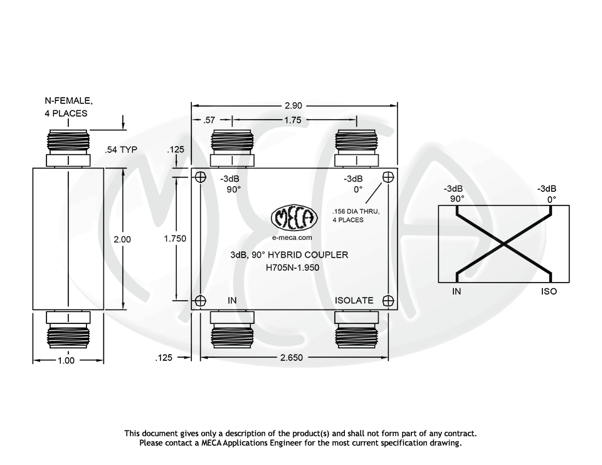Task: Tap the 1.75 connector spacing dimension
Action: pyautogui.click(x=293, y=120)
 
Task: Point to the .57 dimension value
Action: pyautogui.click(x=210, y=120)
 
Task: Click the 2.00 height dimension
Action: pyautogui.click(x=122, y=239)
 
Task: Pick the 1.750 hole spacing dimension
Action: pyautogui.click(x=175, y=239)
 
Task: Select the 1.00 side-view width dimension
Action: pyautogui.click(x=66, y=360)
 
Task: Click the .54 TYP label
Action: pyautogui.click(x=122, y=150)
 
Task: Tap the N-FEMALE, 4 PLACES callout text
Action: pyautogui.click(x=68, y=107)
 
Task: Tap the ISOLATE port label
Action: pyautogui.click(x=354, y=301)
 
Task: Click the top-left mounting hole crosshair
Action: pyautogui.click(x=200, y=177)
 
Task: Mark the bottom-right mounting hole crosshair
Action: pyautogui.click(x=388, y=301)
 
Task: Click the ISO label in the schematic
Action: pyautogui.click(x=549, y=291)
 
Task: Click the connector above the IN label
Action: pyautogui.click(x=232, y=149)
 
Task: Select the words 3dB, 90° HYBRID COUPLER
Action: pyautogui.click(x=289, y=255)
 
